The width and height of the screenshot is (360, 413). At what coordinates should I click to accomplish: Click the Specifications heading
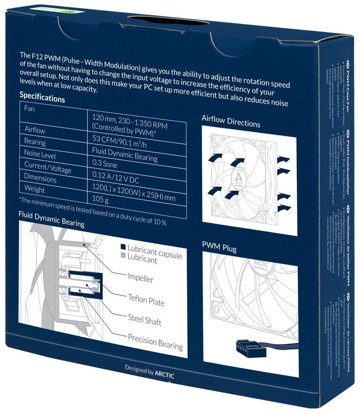(42, 97)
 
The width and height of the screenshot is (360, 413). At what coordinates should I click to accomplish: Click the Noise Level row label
(40, 154)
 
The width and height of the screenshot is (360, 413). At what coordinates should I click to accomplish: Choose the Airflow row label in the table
(35, 130)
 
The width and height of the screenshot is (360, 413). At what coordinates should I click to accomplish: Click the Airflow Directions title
(231, 122)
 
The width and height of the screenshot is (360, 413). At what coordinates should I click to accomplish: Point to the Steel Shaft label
(144, 319)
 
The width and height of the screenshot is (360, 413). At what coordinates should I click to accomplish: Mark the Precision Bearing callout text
(155, 342)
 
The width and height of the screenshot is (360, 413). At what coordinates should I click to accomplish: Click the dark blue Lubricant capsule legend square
(123, 247)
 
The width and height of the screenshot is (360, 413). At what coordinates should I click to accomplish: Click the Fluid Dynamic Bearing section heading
(51, 219)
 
